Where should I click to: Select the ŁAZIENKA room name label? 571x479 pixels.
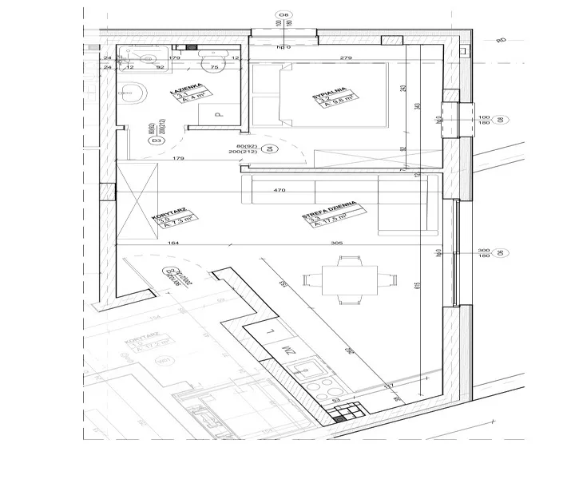184,99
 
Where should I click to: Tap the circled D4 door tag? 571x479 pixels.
269,148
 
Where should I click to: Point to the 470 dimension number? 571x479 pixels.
280,191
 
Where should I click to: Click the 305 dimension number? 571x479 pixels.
336,243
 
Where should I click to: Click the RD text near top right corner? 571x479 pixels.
502,39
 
